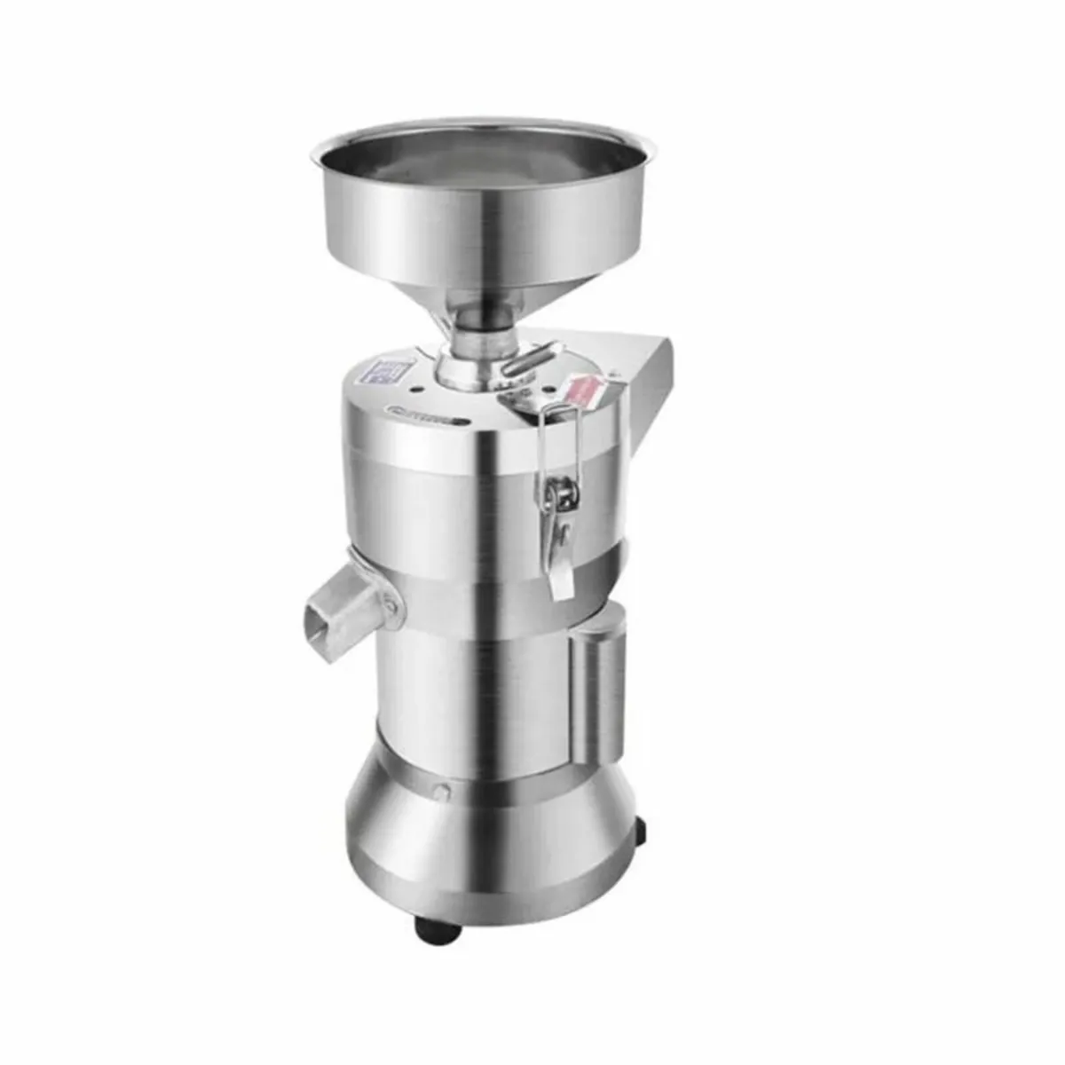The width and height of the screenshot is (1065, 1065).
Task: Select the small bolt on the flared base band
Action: click(x=441, y=792)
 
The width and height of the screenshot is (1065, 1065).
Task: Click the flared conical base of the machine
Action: click(x=493, y=843)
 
